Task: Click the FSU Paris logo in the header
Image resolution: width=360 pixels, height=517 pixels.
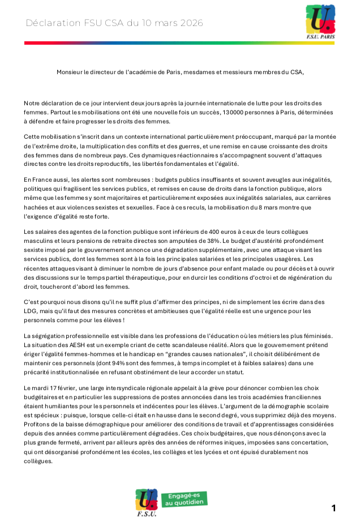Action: [320, 23]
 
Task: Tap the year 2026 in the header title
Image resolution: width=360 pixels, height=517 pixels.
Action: [190, 23]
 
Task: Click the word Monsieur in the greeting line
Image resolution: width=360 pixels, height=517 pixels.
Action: [70, 72]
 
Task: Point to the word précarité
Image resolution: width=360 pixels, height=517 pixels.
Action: [38, 371]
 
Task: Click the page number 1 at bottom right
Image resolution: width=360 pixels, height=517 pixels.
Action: [333, 507]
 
